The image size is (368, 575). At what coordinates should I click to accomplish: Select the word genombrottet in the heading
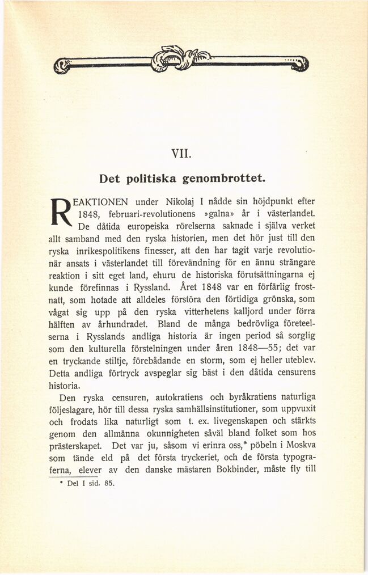[223, 179]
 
